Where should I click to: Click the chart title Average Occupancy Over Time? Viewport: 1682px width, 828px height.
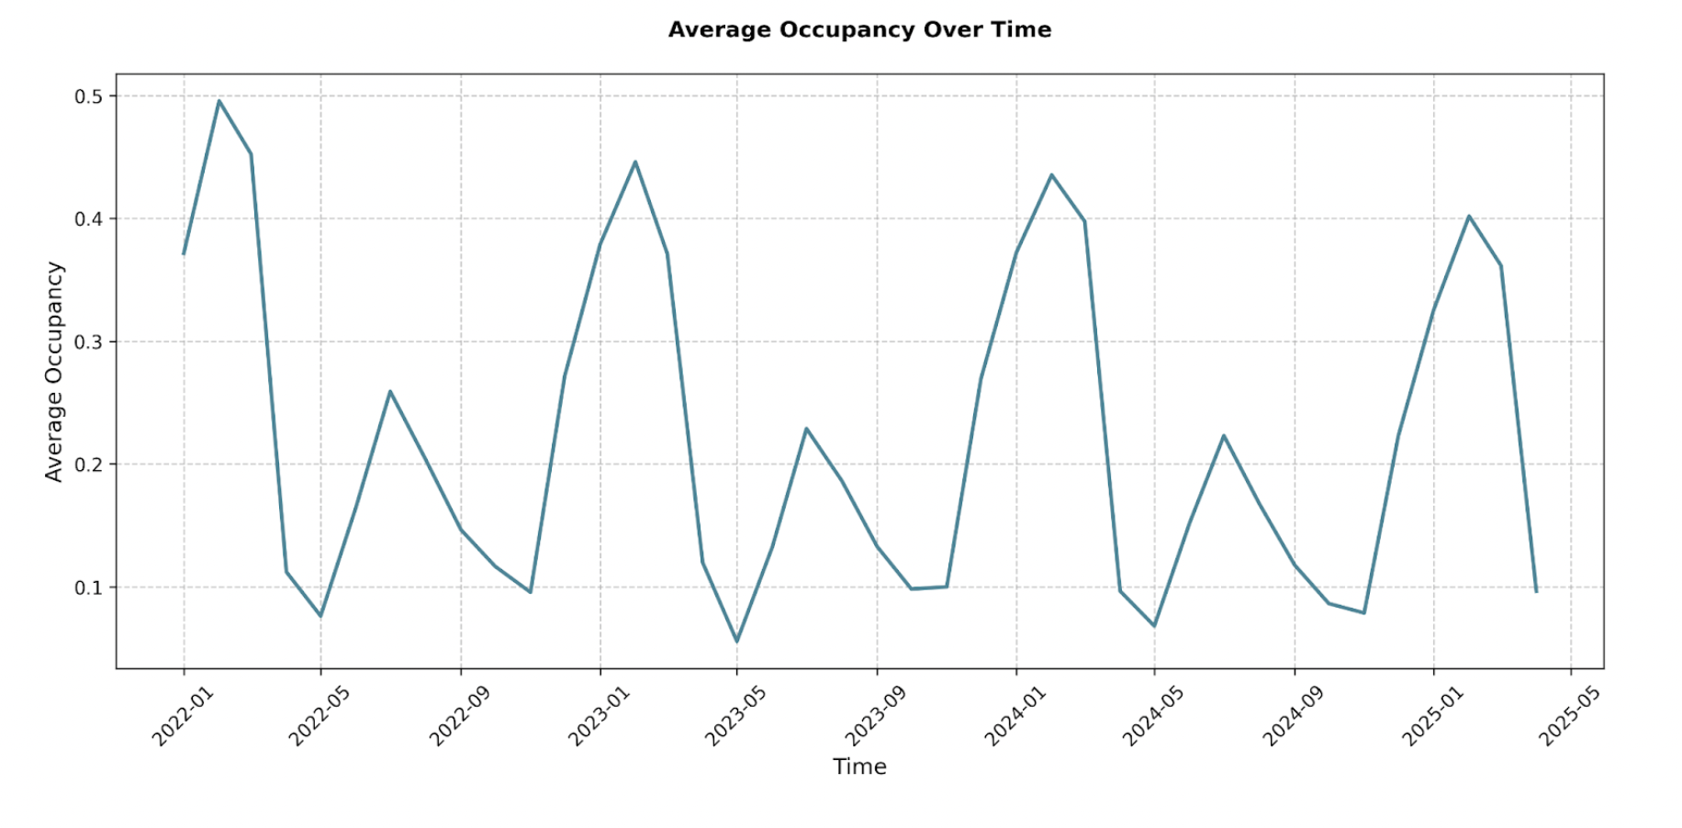click(x=859, y=30)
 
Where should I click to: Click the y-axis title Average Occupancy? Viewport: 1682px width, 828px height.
click(x=54, y=372)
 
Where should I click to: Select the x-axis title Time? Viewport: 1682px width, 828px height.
click(x=859, y=766)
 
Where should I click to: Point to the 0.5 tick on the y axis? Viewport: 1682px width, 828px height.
click(x=88, y=96)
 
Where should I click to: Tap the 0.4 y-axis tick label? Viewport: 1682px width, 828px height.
click(x=88, y=219)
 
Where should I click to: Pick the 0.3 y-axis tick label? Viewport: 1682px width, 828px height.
click(x=88, y=342)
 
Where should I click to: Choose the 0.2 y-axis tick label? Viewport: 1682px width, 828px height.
click(x=88, y=464)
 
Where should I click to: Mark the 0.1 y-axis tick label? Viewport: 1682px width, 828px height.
click(x=88, y=587)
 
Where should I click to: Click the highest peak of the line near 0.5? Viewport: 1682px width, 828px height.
click(x=219, y=101)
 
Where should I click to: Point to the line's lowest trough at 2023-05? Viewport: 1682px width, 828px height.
click(x=736, y=641)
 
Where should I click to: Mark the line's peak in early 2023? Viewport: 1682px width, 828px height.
click(x=635, y=162)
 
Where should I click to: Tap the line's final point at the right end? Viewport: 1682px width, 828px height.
click(x=1536, y=591)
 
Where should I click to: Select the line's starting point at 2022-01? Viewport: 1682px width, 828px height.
click(x=184, y=253)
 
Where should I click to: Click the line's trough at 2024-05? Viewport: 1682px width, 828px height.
click(x=1154, y=626)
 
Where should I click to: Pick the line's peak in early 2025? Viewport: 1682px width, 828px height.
click(x=1469, y=217)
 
